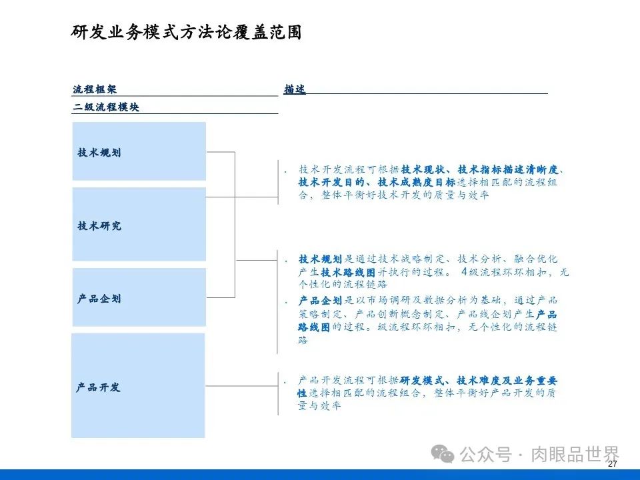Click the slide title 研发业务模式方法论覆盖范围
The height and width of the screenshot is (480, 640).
[186, 33]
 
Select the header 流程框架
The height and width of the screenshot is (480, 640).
[90, 89]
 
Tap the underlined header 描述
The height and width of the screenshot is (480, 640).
[295, 89]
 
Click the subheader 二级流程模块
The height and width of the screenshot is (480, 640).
[106, 107]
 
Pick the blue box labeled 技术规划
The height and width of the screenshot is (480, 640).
[139, 151]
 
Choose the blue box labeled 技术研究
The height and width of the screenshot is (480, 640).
[139, 225]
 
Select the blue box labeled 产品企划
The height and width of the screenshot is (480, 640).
[139, 297]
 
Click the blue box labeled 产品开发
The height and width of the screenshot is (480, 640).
[139, 386]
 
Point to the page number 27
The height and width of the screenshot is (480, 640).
[613, 464]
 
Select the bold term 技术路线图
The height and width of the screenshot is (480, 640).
[343, 272]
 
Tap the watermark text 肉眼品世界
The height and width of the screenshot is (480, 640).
[575, 455]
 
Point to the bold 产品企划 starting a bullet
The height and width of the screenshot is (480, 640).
[320, 301]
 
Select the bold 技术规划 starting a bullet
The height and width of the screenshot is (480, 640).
[320, 259]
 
